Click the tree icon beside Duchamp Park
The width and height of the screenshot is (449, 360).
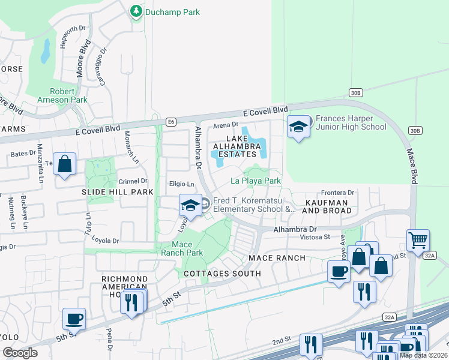[136, 11]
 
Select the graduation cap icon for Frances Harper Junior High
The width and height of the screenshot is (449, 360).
[299, 127]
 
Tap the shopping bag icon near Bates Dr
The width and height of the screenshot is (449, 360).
[65, 164]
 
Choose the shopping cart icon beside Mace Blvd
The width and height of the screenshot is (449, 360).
[418, 241]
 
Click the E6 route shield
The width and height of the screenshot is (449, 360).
[172, 122]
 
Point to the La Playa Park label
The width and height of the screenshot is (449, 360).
[256, 181]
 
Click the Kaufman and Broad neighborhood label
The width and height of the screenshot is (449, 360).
[327, 206]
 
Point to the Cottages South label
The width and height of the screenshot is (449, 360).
[223, 274]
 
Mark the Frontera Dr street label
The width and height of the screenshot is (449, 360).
[339, 193]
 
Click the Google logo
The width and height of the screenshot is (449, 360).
[20, 353]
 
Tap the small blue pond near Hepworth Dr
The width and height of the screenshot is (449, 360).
[45, 52]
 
